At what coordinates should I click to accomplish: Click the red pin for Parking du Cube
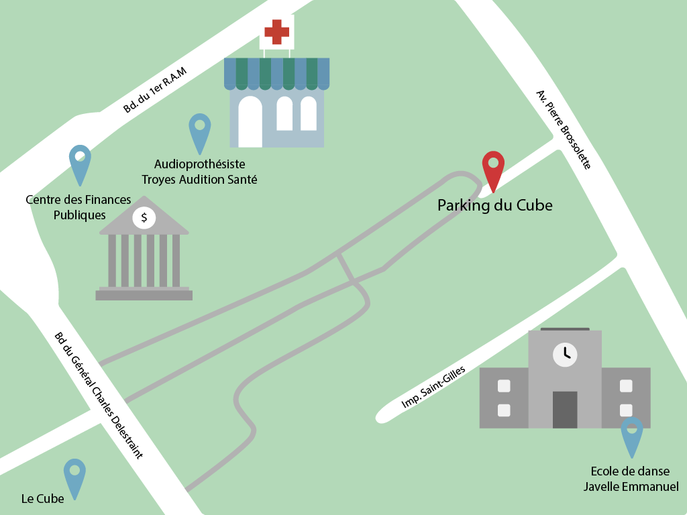pyautogui.click(x=493, y=166)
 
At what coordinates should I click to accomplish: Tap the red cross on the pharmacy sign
pyautogui.click(x=276, y=31)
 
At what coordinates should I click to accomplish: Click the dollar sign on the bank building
pyautogui.click(x=144, y=218)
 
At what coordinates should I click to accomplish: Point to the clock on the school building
pyautogui.click(x=565, y=353)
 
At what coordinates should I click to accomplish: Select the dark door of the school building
pyautogui.click(x=565, y=409)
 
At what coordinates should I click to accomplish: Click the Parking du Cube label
pyautogui.click(x=494, y=205)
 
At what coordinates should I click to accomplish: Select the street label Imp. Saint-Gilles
pyautogui.click(x=433, y=388)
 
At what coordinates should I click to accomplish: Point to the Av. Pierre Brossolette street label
pyautogui.click(x=564, y=129)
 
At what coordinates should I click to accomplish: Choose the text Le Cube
pyautogui.click(x=43, y=499)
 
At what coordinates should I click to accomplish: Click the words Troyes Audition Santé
pyautogui.click(x=199, y=180)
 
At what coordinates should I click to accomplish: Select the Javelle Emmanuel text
pyautogui.click(x=631, y=486)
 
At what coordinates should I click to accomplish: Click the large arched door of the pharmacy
pyautogui.click(x=250, y=121)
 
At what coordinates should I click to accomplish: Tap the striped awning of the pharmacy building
pyautogui.click(x=276, y=73)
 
